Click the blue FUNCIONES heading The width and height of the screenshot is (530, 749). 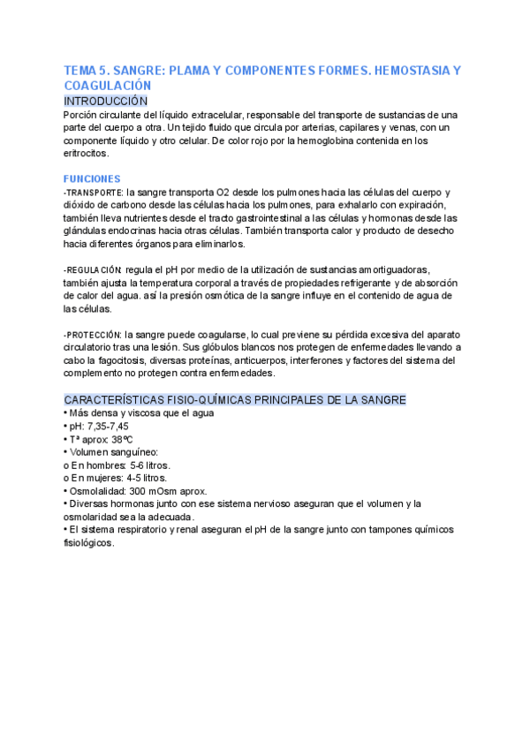tap(92, 178)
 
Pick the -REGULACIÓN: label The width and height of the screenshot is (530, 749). tap(93, 269)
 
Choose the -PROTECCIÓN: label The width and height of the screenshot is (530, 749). tap(93, 335)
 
